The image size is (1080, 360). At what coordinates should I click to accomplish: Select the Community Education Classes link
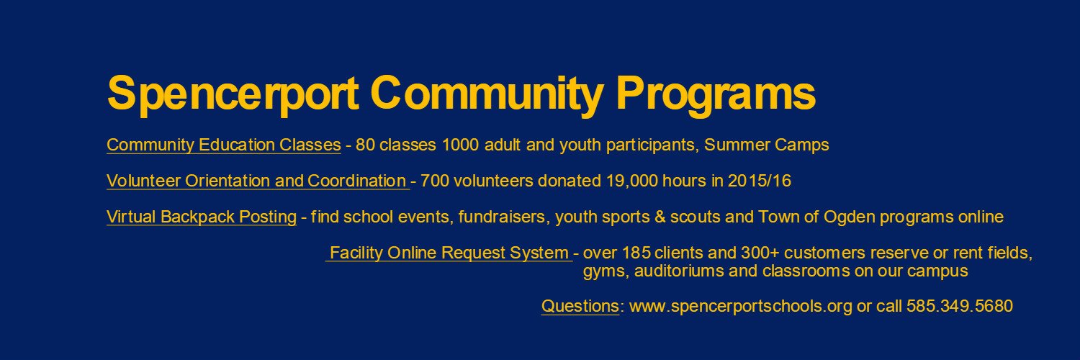click(223, 145)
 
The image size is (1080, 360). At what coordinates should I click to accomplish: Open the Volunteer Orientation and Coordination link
click(257, 181)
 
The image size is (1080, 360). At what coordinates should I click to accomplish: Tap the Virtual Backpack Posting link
click(201, 217)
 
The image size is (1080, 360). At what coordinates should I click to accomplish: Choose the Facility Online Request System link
click(449, 253)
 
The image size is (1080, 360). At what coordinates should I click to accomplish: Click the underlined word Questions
click(580, 306)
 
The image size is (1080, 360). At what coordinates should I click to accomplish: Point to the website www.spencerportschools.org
click(741, 306)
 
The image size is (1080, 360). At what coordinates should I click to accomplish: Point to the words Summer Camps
click(767, 145)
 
